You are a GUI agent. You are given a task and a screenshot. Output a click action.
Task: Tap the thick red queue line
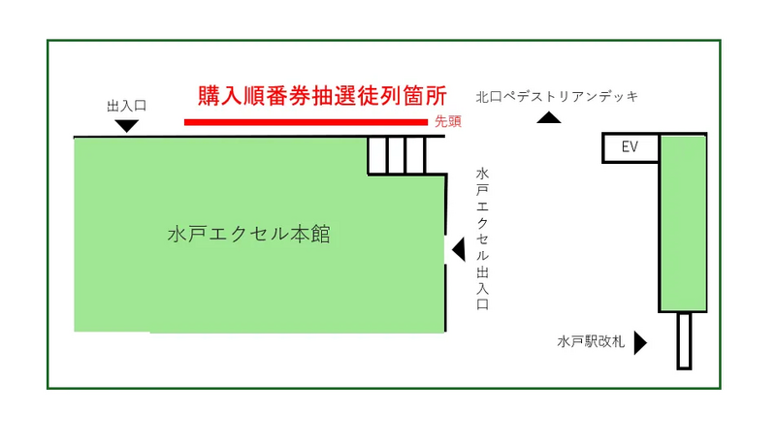(x=306, y=122)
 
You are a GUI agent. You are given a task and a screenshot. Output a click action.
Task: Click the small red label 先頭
(x=447, y=121)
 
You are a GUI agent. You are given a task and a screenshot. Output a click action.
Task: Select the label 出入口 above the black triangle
(x=126, y=105)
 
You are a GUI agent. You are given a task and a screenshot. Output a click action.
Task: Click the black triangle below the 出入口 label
(x=126, y=125)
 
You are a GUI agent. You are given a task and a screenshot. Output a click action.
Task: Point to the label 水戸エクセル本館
(x=249, y=235)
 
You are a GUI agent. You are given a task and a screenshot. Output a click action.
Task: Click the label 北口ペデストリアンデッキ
(x=556, y=96)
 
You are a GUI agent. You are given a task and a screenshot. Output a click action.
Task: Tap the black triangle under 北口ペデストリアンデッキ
(x=549, y=118)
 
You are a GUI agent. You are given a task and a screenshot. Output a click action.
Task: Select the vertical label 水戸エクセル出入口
(x=482, y=238)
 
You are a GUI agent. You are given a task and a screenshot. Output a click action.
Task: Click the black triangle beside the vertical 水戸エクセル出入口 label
(x=459, y=251)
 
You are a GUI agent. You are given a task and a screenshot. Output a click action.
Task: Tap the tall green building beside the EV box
(x=683, y=223)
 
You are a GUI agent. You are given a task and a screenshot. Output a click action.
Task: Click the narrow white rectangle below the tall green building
(x=684, y=340)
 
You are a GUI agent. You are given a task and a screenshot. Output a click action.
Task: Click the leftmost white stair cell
(x=377, y=155)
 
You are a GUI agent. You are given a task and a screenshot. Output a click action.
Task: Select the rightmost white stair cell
(x=435, y=155)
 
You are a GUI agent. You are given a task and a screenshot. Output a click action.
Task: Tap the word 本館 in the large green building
(x=311, y=235)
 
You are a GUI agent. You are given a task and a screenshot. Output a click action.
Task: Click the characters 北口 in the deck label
(x=488, y=96)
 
